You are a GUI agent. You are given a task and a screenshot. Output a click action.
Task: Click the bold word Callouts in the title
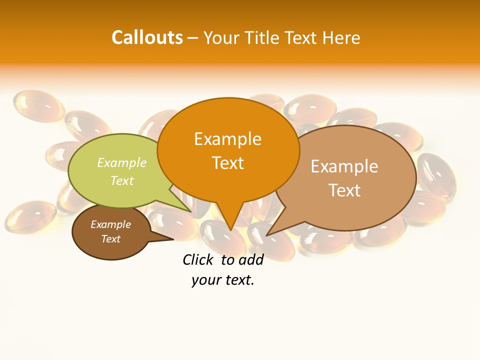click(x=147, y=37)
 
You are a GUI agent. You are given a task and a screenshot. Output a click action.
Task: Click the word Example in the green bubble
click(x=122, y=162)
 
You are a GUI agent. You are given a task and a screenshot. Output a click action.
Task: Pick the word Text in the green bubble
click(x=122, y=180)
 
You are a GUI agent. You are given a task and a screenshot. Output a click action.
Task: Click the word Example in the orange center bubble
click(x=227, y=139)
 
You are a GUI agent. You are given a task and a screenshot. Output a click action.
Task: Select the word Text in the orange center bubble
click(x=227, y=163)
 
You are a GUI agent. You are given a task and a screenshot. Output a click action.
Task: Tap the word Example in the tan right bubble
click(x=344, y=166)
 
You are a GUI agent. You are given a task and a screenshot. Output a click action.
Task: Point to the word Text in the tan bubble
click(x=344, y=190)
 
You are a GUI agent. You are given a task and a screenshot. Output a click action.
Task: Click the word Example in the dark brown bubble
click(x=110, y=224)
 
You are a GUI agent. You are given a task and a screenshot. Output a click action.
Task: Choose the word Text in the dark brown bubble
click(x=110, y=239)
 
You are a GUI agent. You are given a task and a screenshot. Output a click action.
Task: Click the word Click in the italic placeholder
click(x=199, y=259)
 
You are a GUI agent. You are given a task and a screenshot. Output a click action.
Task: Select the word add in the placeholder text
click(x=251, y=259)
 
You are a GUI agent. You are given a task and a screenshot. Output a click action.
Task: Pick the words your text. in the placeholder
click(x=223, y=280)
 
